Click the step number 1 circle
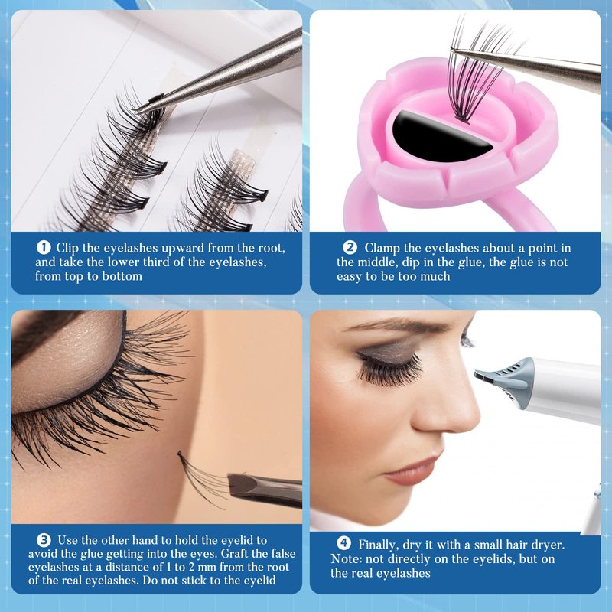tap(44, 247)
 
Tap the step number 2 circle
tap(350, 247)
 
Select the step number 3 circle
tap(44, 540)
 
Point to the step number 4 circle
tap(343, 543)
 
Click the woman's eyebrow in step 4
tap(394, 324)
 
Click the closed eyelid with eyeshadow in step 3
tap(64, 363)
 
